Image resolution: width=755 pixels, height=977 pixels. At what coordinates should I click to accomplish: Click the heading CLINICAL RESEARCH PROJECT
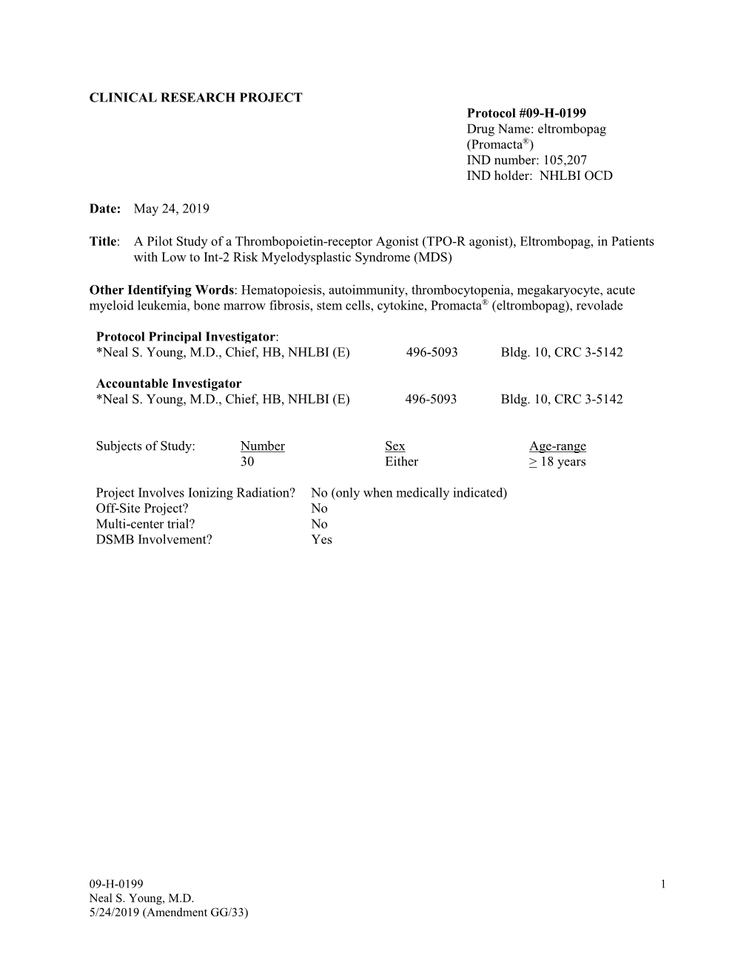[195, 98]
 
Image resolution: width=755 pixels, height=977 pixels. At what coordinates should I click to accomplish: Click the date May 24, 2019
[171, 209]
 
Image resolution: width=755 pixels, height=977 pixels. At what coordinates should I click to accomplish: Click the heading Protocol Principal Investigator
[186, 337]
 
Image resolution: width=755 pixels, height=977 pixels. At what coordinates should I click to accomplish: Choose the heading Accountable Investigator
[169, 383]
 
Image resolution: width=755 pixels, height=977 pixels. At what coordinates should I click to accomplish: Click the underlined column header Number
[262, 446]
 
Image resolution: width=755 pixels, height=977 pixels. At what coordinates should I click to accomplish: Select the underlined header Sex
[395, 446]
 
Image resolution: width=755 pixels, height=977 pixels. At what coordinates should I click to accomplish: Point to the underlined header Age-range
[557, 446]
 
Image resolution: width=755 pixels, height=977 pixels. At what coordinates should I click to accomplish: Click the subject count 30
[247, 462]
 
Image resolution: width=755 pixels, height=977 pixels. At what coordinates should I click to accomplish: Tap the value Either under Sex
[401, 462]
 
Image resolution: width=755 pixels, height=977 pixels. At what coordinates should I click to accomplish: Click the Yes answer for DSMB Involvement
[321, 540]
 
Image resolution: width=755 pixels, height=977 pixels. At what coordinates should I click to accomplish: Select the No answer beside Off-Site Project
[319, 508]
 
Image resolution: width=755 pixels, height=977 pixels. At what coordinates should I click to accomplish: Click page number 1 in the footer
[663, 884]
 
